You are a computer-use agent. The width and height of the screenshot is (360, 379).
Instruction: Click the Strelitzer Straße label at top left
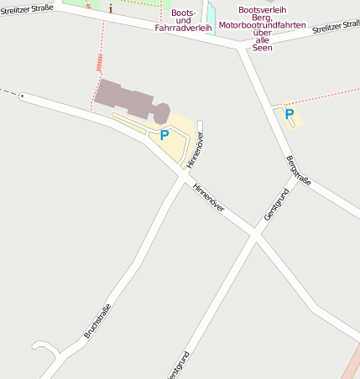[27, 8]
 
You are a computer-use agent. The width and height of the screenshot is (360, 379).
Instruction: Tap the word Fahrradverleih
[183, 28]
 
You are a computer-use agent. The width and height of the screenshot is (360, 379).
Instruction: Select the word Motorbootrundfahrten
[262, 25]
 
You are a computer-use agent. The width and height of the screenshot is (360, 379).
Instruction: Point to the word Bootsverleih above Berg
[262, 10]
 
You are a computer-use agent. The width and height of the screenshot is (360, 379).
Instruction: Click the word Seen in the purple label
[262, 48]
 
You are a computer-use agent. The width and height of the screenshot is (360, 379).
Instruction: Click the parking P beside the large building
[164, 134]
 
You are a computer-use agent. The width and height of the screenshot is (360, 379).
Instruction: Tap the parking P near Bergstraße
[290, 113]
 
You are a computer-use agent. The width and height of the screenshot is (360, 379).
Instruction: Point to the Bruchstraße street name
[97, 320]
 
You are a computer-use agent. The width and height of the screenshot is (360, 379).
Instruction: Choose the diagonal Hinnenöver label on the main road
[209, 198]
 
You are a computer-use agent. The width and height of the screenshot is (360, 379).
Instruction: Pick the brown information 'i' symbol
[110, 8]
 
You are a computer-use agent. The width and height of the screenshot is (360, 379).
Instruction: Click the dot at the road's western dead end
[22, 96]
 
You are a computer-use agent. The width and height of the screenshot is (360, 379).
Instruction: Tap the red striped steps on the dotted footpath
[100, 62]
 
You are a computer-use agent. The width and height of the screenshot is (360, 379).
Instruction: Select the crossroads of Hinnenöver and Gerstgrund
[254, 235]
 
